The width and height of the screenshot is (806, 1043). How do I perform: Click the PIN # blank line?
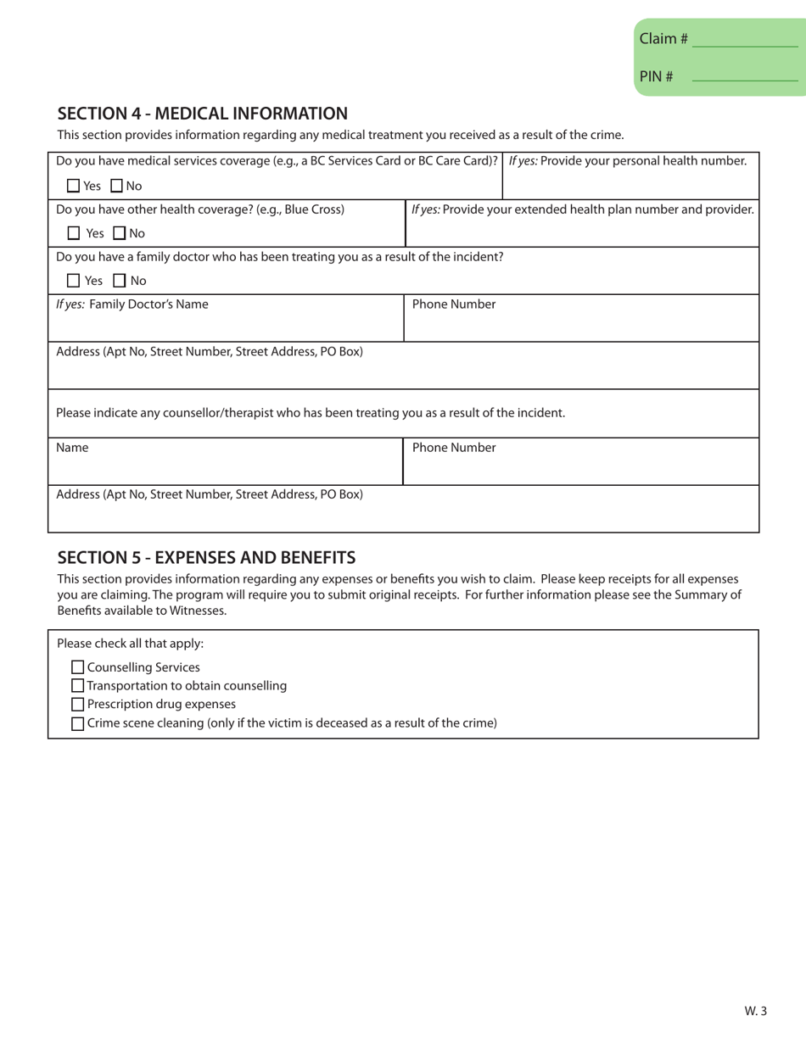[745, 77]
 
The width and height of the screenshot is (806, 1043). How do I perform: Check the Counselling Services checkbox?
[78, 667]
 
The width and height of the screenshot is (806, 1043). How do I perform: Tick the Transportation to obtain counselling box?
[78, 686]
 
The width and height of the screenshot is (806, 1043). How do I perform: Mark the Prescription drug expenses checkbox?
[78, 705]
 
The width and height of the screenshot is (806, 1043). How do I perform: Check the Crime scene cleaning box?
[78, 723]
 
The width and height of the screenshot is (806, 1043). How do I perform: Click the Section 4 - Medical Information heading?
[202, 113]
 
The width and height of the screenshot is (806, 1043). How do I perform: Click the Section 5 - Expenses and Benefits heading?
[206, 557]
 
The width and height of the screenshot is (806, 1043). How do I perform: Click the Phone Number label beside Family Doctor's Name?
[454, 304]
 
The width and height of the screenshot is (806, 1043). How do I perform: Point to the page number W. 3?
[755, 1010]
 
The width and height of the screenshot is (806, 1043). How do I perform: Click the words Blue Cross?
[314, 209]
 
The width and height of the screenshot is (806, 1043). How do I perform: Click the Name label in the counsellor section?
[72, 447]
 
